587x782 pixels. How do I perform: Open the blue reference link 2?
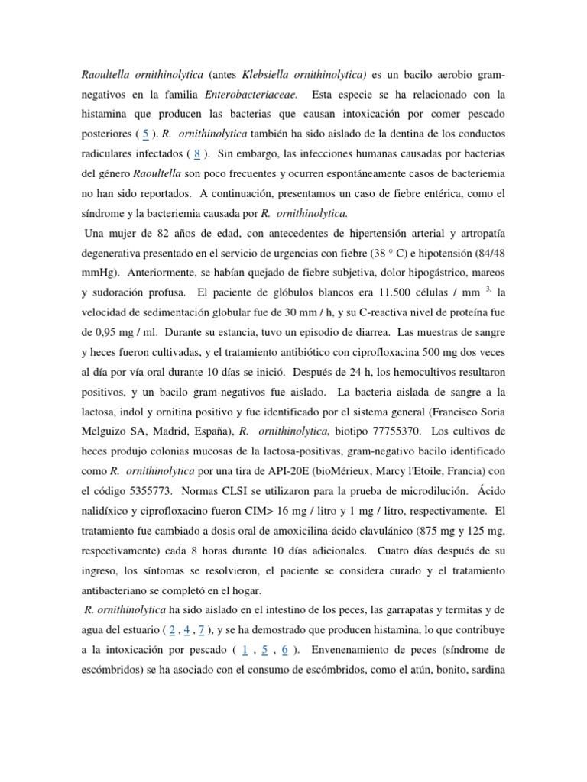(x=173, y=632)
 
